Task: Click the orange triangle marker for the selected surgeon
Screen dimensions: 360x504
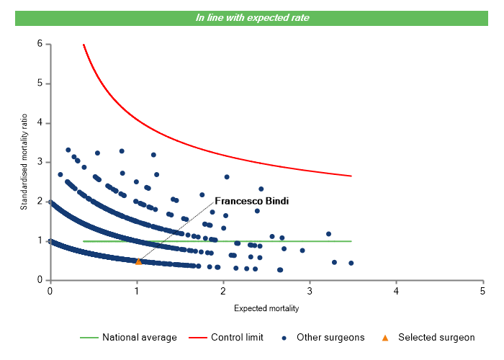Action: (x=139, y=261)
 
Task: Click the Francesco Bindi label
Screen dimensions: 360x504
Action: (x=252, y=202)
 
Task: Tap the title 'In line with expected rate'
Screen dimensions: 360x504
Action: (x=253, y=17)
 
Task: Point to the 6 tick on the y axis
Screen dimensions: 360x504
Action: (x=39, y=44)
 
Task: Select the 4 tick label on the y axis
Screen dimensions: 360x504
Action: (x=39, y=123)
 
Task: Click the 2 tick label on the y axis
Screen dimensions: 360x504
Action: (x=39, y=202)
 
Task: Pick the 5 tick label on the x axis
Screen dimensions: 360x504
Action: (x=482, y=291)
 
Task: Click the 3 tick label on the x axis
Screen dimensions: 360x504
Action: (x=310, y=291)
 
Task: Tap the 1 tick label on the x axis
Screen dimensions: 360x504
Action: (x=137, y=291)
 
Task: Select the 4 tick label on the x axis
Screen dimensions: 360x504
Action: (x=396, y=291)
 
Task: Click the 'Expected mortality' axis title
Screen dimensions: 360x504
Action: (x=266, y=308)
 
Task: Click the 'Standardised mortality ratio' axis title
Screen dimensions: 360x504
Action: (x=24, y=162)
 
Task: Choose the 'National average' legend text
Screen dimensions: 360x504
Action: (x=139, y=337)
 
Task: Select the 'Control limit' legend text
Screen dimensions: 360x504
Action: (x=237, y=337)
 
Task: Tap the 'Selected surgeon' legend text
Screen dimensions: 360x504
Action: (x=436, y=337)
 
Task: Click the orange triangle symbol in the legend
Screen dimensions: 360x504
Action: (x=384, y=337)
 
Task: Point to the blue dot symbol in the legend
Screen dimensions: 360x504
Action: (x=285, y=337)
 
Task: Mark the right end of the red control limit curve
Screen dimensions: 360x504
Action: (x=351, y=176)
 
